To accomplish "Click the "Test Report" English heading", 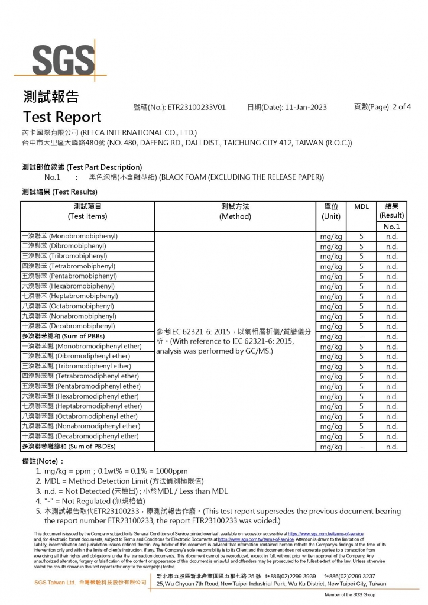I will (x=61, y=117).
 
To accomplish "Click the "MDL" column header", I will (x=361, y=206).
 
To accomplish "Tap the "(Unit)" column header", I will (x=331, y=216).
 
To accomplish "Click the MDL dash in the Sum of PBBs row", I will (x=361, y=337).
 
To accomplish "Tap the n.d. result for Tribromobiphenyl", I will (x=391, y=256).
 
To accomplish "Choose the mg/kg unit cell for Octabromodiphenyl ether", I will (x=331, y=416).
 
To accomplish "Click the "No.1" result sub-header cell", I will (x=391, y=227).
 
